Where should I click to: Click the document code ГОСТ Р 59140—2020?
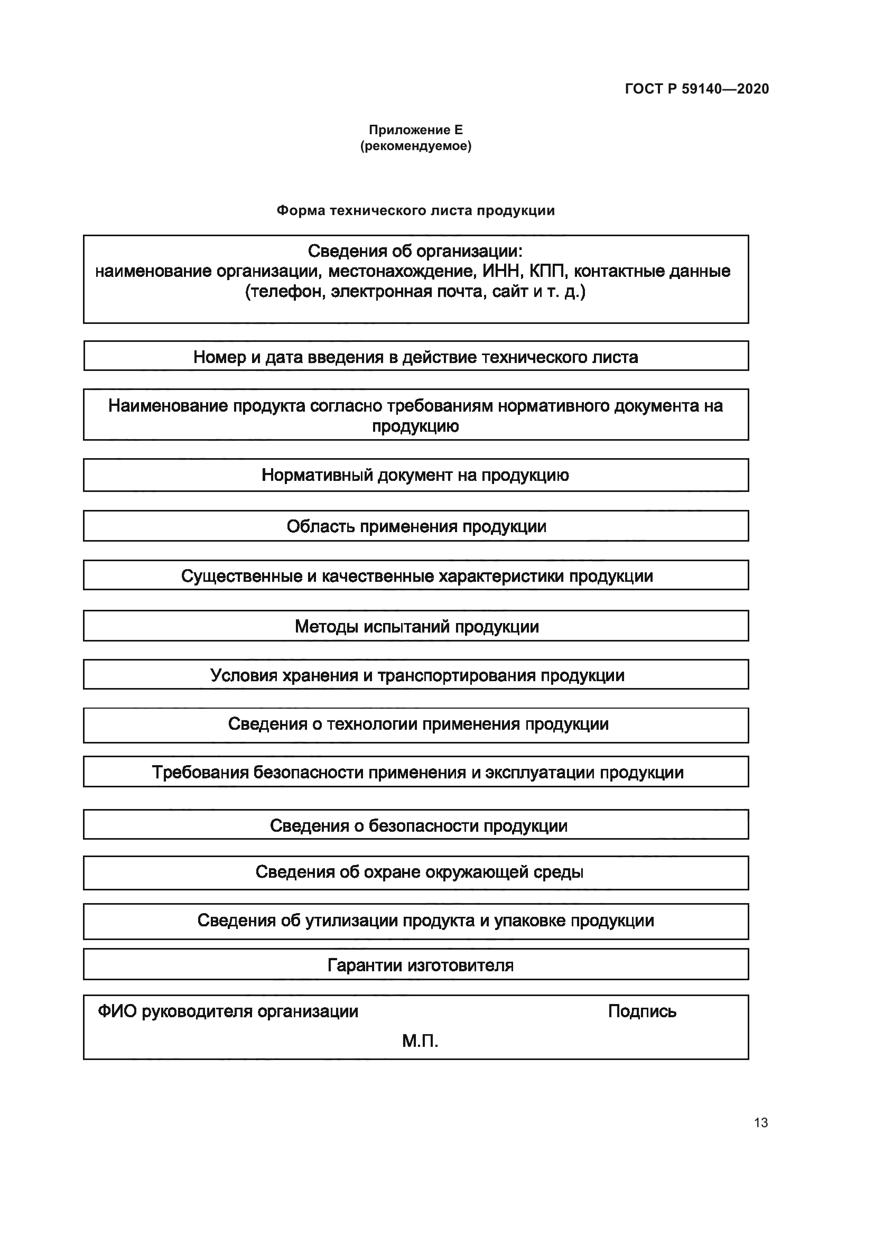(x=697, y=89)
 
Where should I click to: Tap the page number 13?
(x=761, y=1122)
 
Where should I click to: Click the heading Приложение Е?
(x=415, y=130)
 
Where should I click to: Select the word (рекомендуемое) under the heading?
(x=415, y=146)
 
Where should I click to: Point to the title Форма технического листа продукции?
(x=415, y=210)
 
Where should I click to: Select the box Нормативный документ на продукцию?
(x=415, y=476)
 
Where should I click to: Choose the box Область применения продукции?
(x=415, y=526)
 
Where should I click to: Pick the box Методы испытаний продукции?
(x=415, y=627)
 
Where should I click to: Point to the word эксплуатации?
(x=540, y=773)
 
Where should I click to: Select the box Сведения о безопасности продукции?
(x=415, y=826)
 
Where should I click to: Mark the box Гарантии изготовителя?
(x=415, y=965)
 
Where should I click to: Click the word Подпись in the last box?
(x=641, y=1011)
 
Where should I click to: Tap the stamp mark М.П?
(x=420, y=1042)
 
